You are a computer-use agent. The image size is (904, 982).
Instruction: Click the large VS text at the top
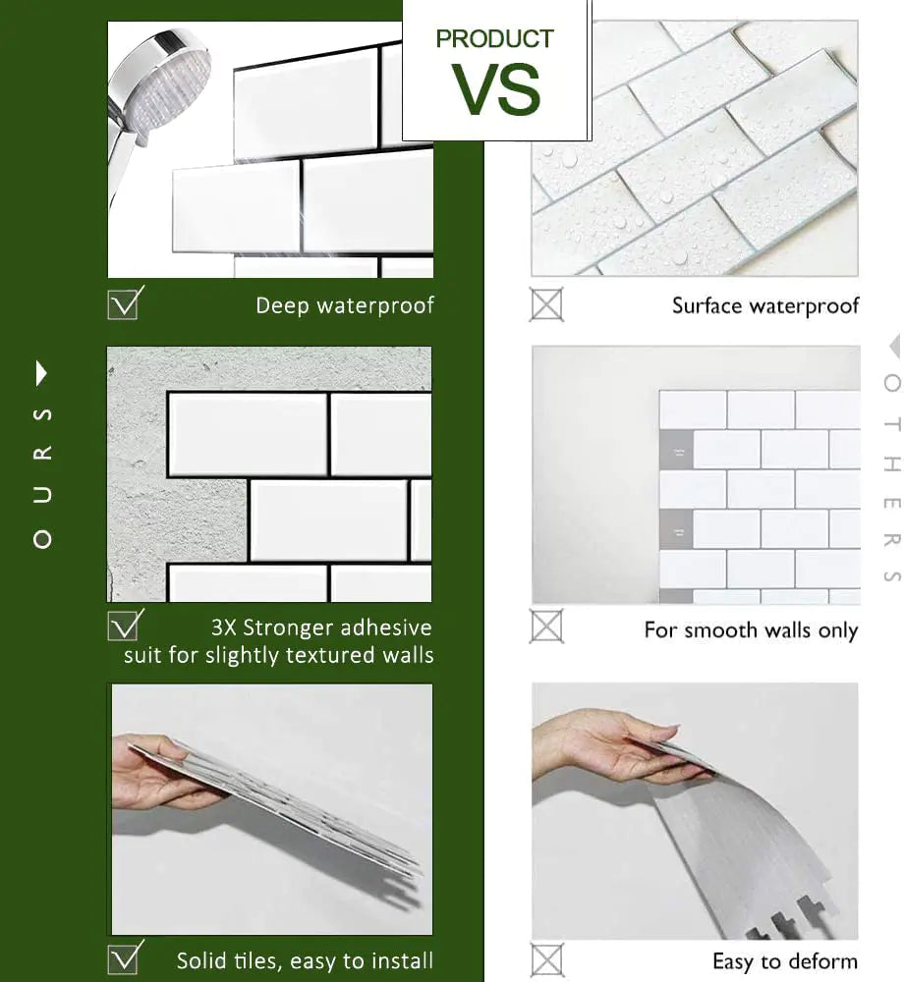[497, 89]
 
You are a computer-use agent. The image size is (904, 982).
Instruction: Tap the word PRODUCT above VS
[494, 40]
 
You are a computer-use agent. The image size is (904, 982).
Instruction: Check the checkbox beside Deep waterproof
[124, 303]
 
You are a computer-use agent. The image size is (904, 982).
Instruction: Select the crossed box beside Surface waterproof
[546, 304]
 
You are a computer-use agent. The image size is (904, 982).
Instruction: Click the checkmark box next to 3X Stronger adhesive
[124, 626]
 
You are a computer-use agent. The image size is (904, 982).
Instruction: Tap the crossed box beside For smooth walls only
[546, 626]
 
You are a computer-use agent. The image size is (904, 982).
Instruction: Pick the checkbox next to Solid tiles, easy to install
[124, 957]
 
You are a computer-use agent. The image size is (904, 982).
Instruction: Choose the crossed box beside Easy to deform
[546, 959]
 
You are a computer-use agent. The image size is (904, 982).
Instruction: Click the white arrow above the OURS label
[41, 373]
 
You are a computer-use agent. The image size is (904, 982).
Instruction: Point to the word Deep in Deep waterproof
[282, 305]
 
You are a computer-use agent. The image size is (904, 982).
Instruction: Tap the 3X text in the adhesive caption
[225, 627]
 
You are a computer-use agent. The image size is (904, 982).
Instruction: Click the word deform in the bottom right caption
[824, 960]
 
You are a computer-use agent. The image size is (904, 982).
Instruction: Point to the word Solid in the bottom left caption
[202, 959]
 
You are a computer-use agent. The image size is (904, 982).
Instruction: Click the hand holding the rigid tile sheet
[157, 771]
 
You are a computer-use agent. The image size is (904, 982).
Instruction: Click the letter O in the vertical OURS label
[42, 539]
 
